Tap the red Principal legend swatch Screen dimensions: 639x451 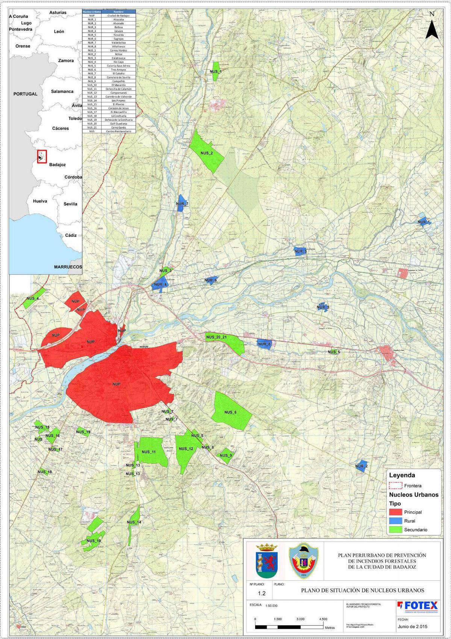click(395, 512)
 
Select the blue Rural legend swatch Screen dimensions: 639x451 click(395, 521)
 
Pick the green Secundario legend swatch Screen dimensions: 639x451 click(395, 530)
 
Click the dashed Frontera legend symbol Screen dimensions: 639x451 click(395, 485)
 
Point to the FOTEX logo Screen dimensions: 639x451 click(417, 605)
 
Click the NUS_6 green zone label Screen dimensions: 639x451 click(230, 412)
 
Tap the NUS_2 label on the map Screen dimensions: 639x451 click(206, 153)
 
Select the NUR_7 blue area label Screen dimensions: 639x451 click(182, 204)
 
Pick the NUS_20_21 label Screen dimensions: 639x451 click(216, 337)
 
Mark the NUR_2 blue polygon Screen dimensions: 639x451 click(361, 466)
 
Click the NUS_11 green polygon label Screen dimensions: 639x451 click(148, 452)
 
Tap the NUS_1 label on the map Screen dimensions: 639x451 click(215, 71)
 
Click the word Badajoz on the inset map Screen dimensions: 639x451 click(58, 165)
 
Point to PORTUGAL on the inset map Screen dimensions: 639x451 click(25, 94)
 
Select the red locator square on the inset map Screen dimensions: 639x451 click(42, 156)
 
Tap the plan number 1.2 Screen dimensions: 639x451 click(262, 594)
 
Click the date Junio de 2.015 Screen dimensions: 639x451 click(412, 627)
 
